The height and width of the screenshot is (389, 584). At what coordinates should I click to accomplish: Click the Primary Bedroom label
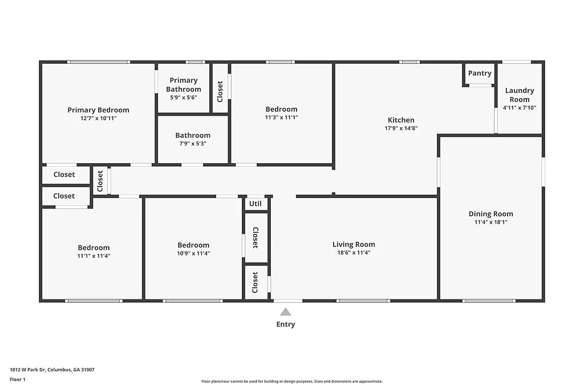pos(98,110)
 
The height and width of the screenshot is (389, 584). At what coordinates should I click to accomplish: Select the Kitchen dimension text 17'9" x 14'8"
pos(401,128)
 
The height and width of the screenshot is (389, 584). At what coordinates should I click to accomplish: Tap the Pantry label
pos(480,73)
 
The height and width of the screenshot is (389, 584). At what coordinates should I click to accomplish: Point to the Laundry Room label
pos(520,95)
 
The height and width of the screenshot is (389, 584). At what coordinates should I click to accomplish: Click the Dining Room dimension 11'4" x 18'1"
pos(490,222)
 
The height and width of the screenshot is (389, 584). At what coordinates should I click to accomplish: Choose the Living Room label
pos(354,244)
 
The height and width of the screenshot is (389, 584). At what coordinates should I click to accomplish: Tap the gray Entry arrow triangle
pos(286,311)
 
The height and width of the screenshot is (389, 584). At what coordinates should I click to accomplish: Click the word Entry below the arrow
pos(286,325)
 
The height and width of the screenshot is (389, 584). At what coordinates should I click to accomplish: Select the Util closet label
pos(255,204)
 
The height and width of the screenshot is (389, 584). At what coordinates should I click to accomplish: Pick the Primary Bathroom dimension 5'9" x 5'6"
pos(183,98)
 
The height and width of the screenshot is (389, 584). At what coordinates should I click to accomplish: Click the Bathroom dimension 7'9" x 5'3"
pos(193,144)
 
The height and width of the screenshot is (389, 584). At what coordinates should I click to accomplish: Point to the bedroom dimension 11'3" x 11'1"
pos(281,117)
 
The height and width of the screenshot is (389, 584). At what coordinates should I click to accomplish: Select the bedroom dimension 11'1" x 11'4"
pos(94,256)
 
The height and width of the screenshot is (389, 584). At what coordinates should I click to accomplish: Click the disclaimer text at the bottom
pos(291,382)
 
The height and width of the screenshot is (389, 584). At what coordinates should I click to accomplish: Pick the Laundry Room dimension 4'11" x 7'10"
pos(520,107)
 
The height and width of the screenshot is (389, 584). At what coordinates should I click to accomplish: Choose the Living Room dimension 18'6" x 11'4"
pos(354,253)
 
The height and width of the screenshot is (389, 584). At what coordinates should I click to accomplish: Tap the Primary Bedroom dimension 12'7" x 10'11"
pos(98,119)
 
